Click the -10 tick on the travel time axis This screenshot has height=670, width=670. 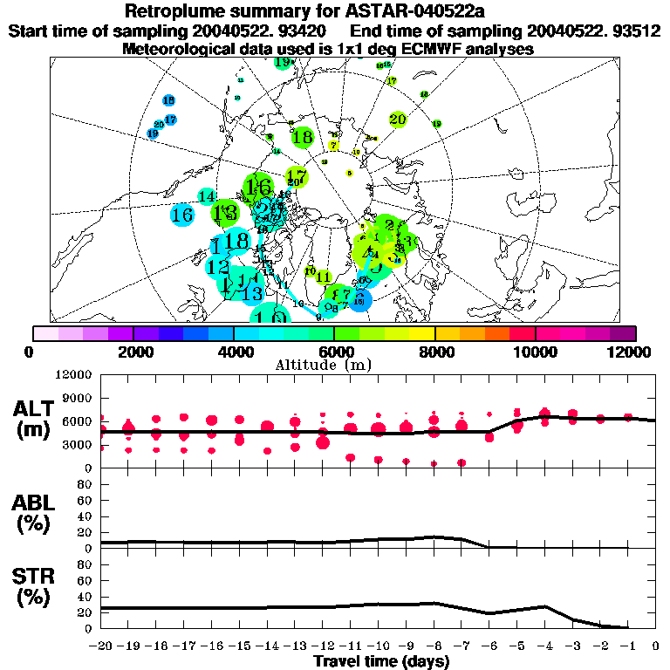[378, 646]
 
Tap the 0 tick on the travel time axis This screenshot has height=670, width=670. [656, 646]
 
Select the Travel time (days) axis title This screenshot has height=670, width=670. [381, 661]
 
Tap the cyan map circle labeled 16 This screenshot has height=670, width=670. [182, 214]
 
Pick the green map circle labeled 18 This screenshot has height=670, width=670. [303, 137]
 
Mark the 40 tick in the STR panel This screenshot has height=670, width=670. [85, 597]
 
